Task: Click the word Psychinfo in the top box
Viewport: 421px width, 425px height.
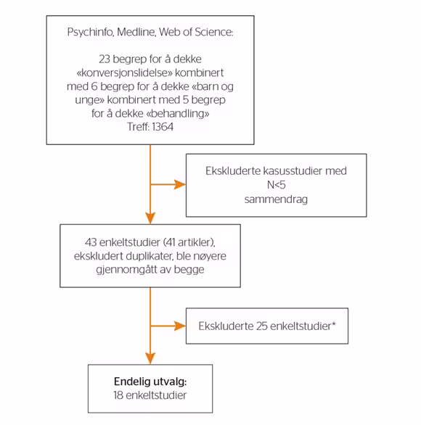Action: [x=90, y=32]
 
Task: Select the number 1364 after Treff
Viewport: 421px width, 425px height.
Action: [x=163, y=127]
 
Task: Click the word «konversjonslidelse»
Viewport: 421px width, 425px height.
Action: [x=124, y=73]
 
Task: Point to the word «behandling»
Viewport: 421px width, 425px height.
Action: [x=178, y=113]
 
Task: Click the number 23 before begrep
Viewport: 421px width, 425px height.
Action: [x=105, y=59]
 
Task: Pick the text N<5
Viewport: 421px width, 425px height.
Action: [x=276, y=185]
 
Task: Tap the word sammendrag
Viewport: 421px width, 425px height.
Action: [x=276, y=199]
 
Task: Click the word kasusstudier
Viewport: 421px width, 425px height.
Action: [x=292, y=170]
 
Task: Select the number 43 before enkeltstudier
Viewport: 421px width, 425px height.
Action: [x=91, y=242]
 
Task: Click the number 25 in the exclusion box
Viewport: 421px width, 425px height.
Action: [x=262, y=326]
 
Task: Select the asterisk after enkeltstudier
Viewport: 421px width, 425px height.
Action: [x=334, y=323]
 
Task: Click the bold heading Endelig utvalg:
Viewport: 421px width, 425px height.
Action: [x=150, y=381]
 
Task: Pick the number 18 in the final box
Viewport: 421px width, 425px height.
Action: [x=118, y=395]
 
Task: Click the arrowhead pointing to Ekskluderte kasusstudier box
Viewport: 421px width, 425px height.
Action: [x=180, y=185]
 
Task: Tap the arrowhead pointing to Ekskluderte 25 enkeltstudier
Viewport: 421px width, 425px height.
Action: [x=180, y=326]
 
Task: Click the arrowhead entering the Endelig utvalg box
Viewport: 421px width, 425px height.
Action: [x=150, y=358]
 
